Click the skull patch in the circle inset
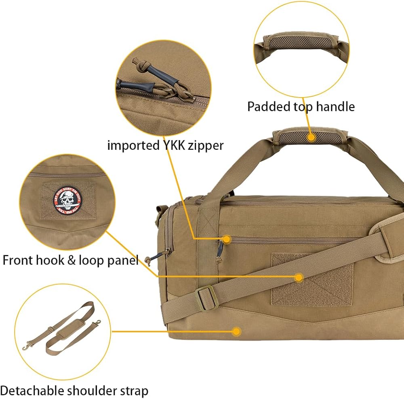point(69,199)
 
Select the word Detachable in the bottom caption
point(32,391)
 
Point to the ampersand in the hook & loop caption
point(71,260)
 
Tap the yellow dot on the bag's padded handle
point(311,137)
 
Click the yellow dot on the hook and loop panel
point(299,277)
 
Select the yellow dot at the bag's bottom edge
point(237,331)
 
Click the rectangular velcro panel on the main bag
point(311,279)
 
